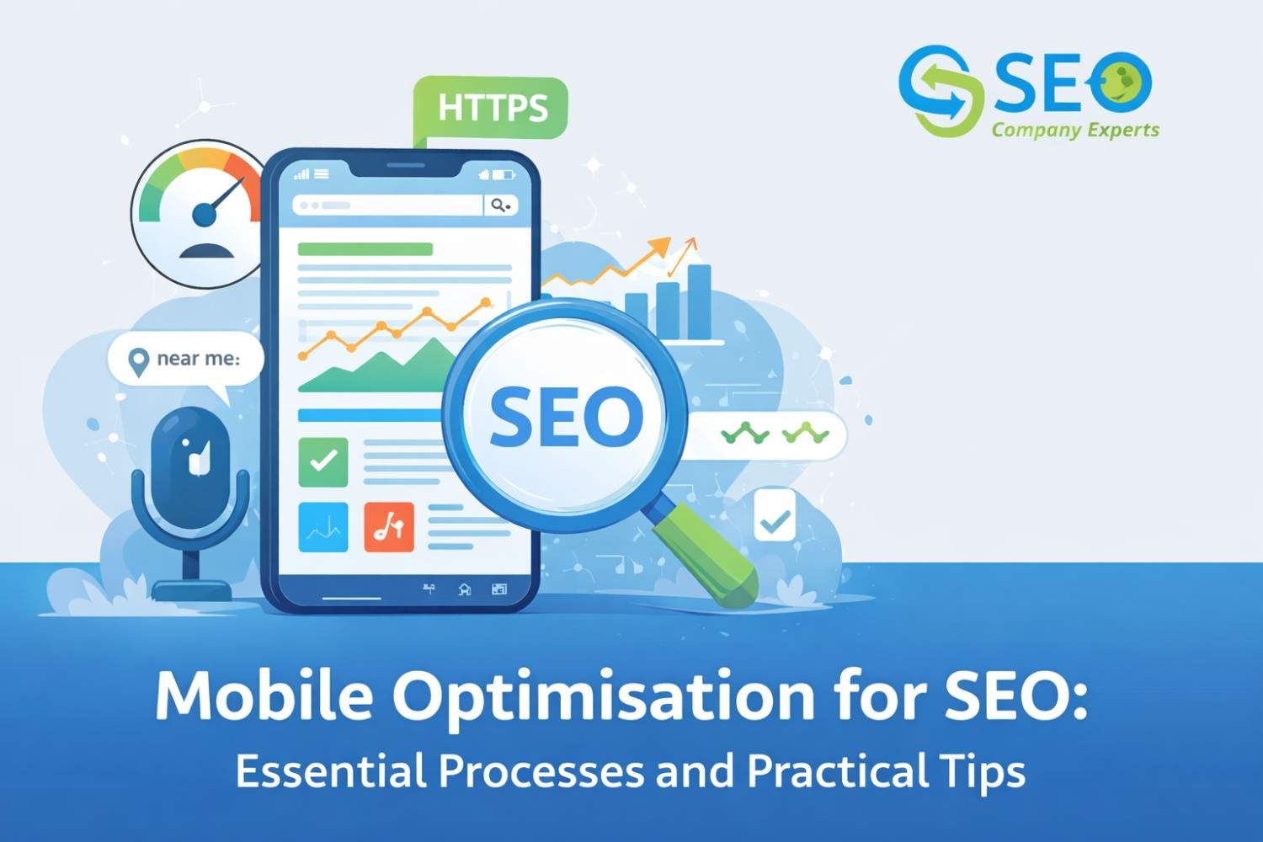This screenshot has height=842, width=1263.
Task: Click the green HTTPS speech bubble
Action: point(492,108)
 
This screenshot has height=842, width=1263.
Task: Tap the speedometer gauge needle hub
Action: point(205,215)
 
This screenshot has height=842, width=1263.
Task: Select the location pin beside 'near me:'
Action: point(138,361)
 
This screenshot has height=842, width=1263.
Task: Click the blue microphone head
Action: point(191,459)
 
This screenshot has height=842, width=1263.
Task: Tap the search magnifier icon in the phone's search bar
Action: point(500,205)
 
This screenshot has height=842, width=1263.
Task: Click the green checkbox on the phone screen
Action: point(323,461)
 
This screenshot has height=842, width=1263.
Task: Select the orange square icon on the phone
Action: point(389,527)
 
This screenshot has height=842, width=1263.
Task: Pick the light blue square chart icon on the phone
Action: point(323,527)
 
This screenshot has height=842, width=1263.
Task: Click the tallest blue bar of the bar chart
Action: point(699,301)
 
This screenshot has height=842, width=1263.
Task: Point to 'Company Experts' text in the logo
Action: point(1075,130)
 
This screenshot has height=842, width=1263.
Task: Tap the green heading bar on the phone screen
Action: point(365,249)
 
